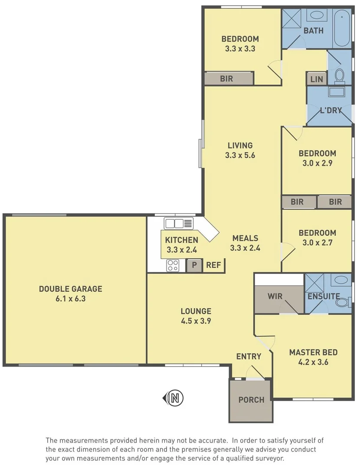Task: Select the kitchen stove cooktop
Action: [x=173, y=265]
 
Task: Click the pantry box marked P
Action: [x=194, y=265]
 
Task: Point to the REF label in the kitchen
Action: [x=213, y=265]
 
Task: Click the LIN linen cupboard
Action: [x=317, y=79]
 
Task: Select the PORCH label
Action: [x=251, y=400]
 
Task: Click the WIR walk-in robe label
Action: [x=275, y=296]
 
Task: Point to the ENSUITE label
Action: [x=324, y=296]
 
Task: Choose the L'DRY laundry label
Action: [x=331, y=110]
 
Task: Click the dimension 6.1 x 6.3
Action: [x=70, y=298]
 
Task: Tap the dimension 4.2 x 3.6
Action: [x=313, y=362]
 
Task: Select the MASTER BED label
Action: [x=313, y=352]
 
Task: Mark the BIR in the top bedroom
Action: [x=226, y=78]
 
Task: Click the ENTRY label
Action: [x=249, y=356]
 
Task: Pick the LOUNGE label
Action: [x=196, y=311]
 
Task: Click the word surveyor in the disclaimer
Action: [x=271, y=458]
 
